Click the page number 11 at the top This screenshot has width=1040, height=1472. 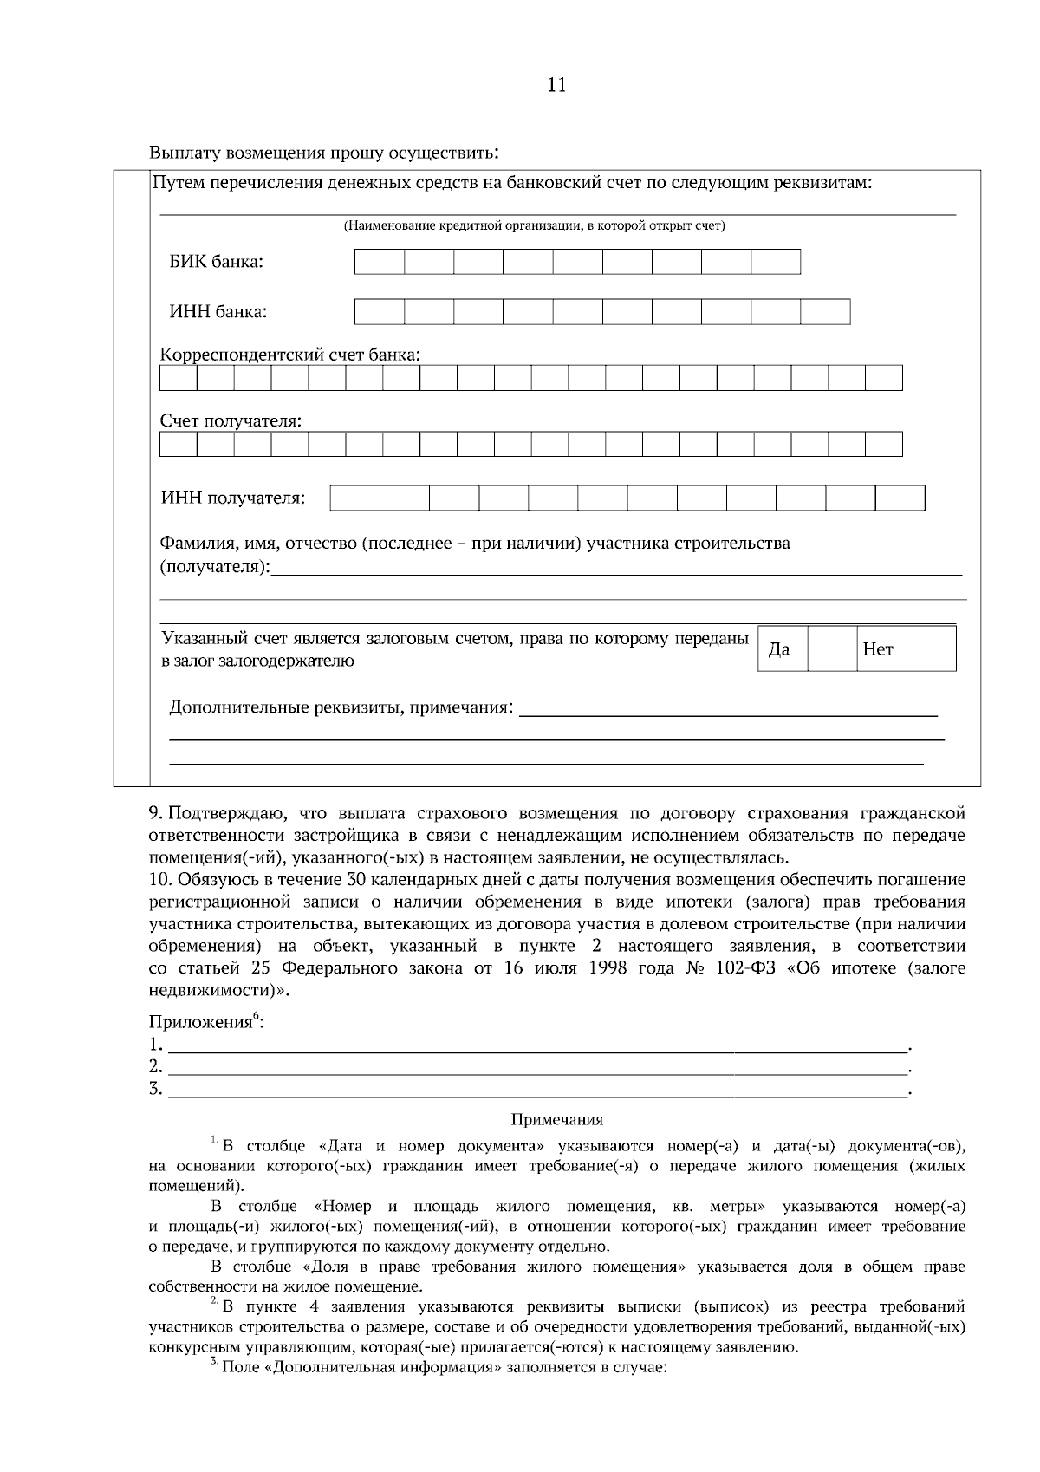pos(556,85)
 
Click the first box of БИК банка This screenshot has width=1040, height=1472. pos(380,262)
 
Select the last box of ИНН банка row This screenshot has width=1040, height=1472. pos(825,311)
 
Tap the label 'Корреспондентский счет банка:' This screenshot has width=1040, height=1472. pos(290,355)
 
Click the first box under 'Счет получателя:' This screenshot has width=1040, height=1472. pos(179,444)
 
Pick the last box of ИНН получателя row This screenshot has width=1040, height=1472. pos(900,498)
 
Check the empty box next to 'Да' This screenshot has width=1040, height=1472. pos(832,648)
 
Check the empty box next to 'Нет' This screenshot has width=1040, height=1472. pos(931,648)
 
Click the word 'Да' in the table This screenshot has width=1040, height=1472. pos(779,649)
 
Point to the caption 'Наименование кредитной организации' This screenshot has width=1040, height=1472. pos(534,226)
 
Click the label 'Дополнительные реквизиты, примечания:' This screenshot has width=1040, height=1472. pos(341,707)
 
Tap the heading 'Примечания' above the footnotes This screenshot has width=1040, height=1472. pos(557,1120)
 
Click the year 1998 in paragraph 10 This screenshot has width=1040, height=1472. pos(607,968)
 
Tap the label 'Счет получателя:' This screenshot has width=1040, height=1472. pos(231,420)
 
